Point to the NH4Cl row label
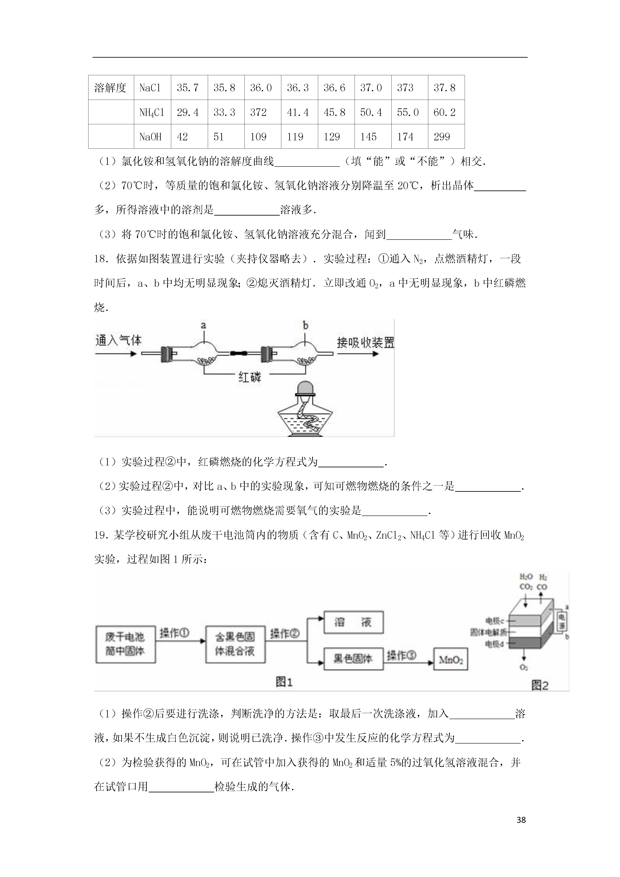[x=152, y=112]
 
